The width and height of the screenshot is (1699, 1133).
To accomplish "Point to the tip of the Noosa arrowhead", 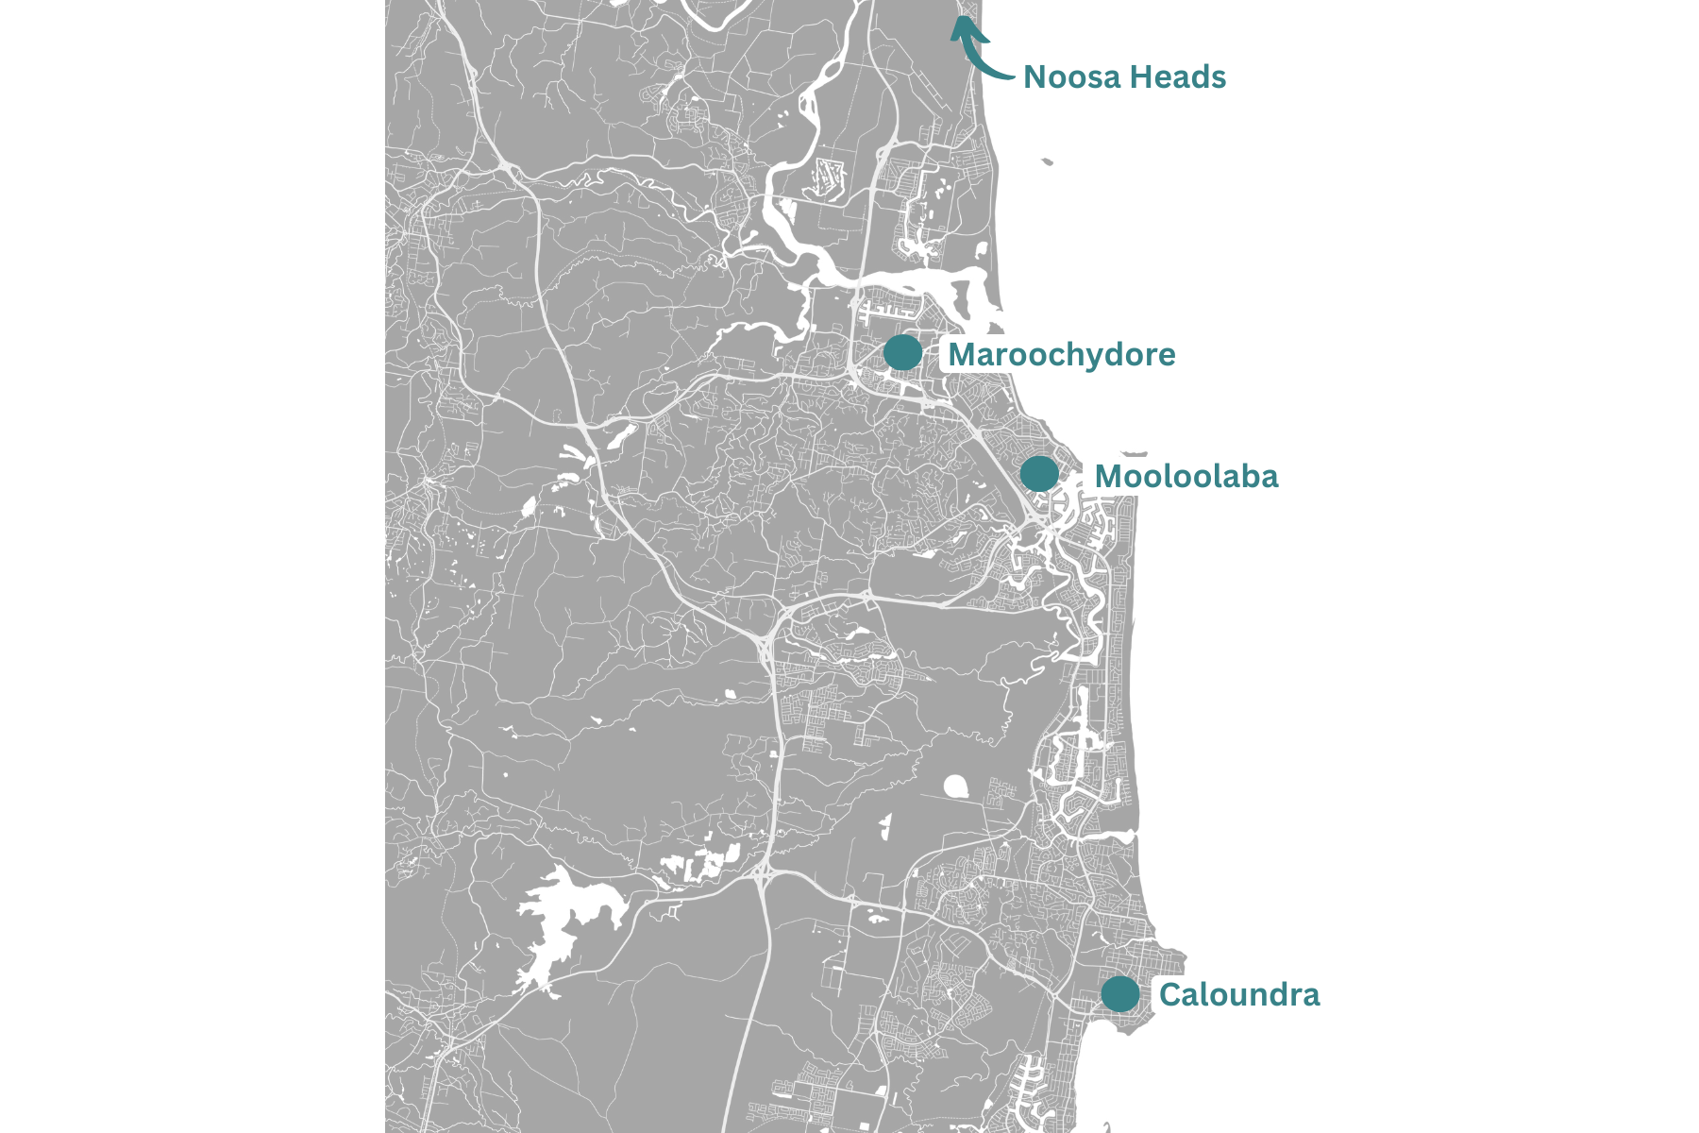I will pyautogui.click(x=958, y=20).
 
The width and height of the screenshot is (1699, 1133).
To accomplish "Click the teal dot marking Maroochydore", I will pyautogui.click(x=902, y=352).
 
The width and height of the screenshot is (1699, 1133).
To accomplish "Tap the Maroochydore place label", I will pyautogui.click(x=1061, y=355).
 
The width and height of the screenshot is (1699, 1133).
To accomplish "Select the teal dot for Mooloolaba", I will pyautogui.click(x=1039, y=473).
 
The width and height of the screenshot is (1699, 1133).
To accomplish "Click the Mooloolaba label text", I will pyautogui.click(x=1186, y=477).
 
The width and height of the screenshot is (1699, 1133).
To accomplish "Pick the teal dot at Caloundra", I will pyautogui.click(x=1120, y=993).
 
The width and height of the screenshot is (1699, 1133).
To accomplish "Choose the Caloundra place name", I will pyautogui.click(x=1238, y=995).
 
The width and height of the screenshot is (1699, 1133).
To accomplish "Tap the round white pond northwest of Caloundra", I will pyautogui.click(x=955, y=786).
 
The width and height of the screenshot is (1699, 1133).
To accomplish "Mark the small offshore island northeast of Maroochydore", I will pyautogui.click(x=1047, y=161).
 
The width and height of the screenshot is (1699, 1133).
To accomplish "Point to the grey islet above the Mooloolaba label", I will pyautogui.click(x=1134, y=453).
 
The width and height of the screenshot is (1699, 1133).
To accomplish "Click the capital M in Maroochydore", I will pyautogui.click(x=962, y=355).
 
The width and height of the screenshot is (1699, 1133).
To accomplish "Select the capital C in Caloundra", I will pyautogui.click(x=1169, y=995).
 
